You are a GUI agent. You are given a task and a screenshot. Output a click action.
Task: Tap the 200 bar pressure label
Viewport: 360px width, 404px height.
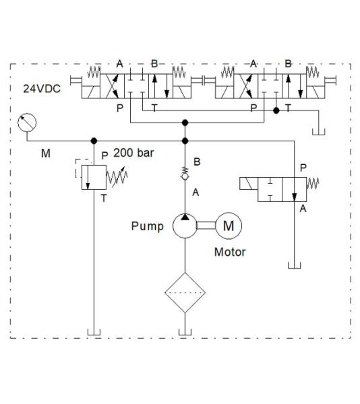tap(133, 153)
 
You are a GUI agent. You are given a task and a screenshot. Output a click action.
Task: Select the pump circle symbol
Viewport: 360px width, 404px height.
tap(184, 226)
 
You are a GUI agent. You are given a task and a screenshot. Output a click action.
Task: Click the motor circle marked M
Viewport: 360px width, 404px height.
tap(229, 226)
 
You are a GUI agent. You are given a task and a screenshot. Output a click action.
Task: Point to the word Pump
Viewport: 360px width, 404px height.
tap(147, 226)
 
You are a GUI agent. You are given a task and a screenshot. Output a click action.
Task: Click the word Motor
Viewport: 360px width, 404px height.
tap(230, 253)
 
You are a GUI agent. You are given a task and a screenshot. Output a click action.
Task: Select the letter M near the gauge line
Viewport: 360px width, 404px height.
tap(45, 154)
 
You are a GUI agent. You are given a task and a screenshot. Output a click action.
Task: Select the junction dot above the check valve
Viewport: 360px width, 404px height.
tap(184, 141)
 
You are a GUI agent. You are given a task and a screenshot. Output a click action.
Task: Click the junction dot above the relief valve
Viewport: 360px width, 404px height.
tap(93, 141)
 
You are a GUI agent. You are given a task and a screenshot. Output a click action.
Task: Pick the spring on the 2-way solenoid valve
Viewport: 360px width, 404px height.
tap(313, 182)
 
